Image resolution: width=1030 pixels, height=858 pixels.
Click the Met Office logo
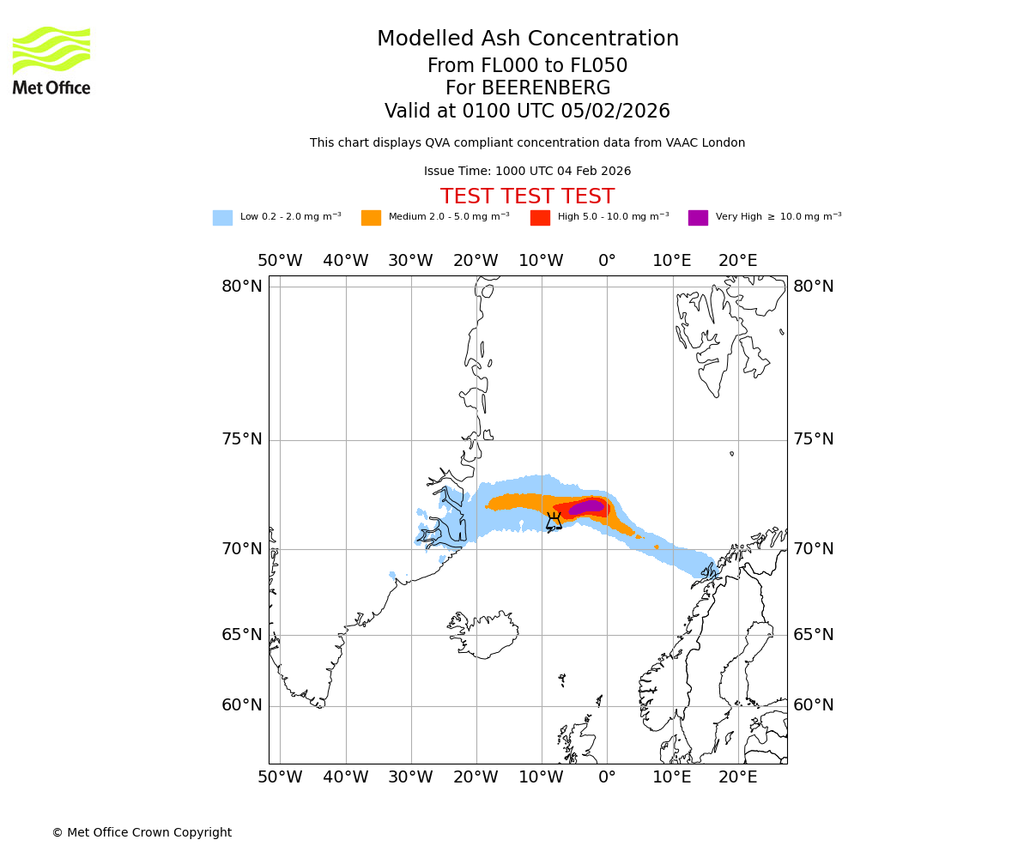[x=51, y=60]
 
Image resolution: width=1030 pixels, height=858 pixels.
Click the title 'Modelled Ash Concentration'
[x=527, y=39]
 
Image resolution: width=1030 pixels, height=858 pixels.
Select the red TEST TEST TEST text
[x=527, y=196]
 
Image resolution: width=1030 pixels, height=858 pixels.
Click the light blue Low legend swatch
[x=222, y=217]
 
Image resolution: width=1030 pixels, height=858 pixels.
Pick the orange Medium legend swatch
[x=371, y=217]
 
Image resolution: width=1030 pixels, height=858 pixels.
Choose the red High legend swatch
[x=540, y=217]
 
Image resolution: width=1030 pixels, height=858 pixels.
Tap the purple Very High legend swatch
[x=698, y=217]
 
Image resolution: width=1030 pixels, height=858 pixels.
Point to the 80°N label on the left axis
[x=242, y=286]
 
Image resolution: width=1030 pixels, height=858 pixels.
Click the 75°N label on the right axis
[x=813, y=439]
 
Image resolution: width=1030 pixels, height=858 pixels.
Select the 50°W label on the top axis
[x=280, y=261]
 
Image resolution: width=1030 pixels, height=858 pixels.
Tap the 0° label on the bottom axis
[x=607, y=777]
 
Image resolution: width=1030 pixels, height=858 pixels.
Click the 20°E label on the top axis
[x=738, y=261]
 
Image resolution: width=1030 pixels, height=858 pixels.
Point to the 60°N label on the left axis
[x=242, y=705]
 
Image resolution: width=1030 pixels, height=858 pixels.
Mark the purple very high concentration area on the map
[x=587, y=507]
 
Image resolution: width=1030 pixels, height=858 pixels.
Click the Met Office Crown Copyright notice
[x=142, y=832]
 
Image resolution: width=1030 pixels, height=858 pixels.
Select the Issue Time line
[x=527, y=171]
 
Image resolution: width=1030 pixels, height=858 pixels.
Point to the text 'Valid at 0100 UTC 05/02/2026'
[x=527, y=112]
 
